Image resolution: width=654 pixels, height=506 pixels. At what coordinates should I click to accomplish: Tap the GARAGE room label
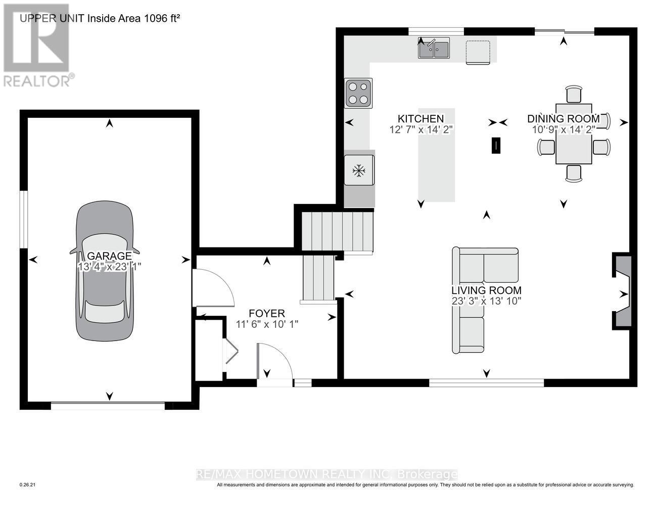(x=109, y=256)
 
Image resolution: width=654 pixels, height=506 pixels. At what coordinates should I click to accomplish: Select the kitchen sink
(x=434, y=49)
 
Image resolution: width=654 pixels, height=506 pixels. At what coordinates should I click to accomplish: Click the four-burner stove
(x=358, y=93)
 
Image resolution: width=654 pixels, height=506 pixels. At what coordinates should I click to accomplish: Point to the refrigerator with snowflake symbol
(x=359, y=171)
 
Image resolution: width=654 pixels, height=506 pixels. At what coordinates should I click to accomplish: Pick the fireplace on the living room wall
(x=622, y=292)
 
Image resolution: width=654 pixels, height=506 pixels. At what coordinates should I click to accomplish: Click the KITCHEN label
(x=421, y=118)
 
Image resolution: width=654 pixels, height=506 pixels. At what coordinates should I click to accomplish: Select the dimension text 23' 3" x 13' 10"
(x=486, y=301)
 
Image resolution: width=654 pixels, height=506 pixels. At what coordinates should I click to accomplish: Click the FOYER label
(x=267, y=314)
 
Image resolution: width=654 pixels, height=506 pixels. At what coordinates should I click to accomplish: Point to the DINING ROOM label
(x=564, y=118)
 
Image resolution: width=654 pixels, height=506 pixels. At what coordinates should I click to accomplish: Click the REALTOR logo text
(x=38, y=80)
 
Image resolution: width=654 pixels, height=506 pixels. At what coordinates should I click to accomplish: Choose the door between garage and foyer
(x=212, y=288)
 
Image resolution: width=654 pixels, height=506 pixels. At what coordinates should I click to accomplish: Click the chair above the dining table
(x=574, y=94)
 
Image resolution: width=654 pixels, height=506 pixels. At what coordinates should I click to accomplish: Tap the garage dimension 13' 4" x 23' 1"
(x=109, y=267)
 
